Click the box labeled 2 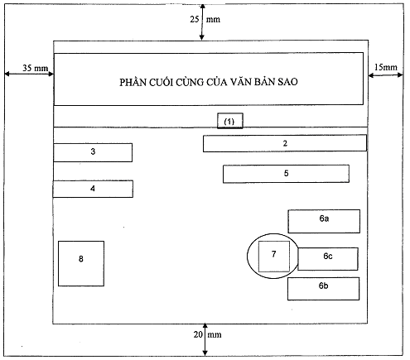285,143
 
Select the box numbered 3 93,152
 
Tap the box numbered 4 93,189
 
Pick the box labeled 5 286,174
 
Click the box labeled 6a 324,221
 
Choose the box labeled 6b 323,289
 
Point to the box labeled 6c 328,259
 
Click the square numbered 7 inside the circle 274,257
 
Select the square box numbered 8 81,263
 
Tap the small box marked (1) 230,121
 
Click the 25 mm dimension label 205,19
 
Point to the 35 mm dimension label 36,68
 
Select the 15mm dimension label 386,67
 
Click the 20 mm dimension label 207,334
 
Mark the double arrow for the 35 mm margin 29,74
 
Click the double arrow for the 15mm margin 385,75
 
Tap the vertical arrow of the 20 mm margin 205,339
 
